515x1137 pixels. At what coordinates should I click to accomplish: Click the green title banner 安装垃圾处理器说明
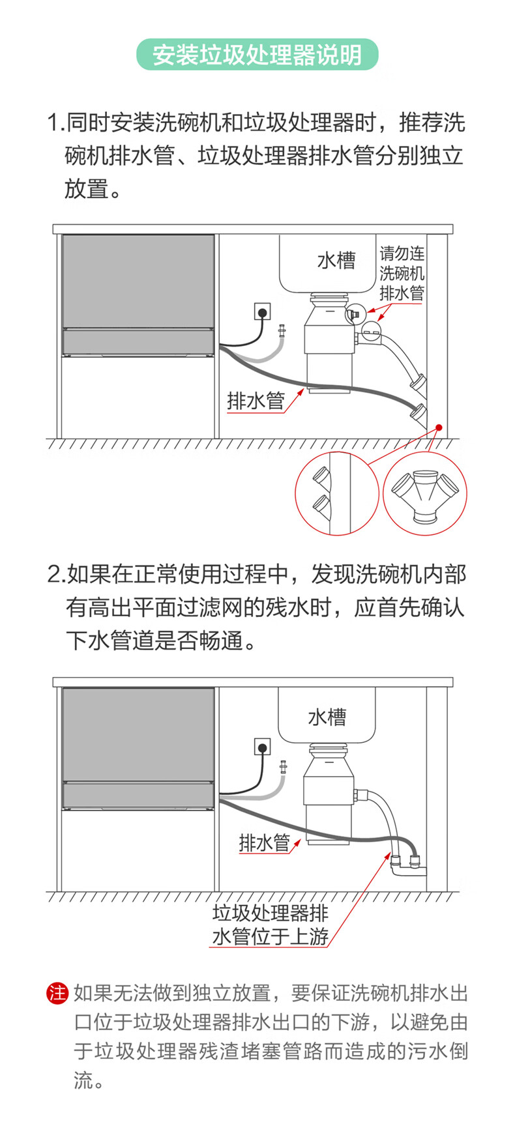pos(257,55)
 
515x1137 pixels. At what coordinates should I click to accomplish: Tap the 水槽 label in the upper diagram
pos(336,261)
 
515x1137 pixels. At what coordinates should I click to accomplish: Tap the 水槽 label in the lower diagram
pos(327,717)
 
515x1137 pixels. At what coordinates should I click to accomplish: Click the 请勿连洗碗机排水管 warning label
pos(402,273)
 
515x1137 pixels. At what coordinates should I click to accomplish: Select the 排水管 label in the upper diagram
pos(256,400)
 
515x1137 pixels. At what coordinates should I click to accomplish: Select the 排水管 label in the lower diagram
pos(264,842)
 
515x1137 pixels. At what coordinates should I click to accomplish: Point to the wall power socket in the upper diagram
pos(262,311)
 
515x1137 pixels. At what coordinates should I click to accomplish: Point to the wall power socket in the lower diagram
pos(262,746)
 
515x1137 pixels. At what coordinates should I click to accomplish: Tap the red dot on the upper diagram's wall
pos(439,427)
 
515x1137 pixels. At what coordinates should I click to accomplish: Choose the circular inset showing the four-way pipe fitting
pos(425,493)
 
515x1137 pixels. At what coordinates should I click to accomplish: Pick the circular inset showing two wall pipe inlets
pos(336,493)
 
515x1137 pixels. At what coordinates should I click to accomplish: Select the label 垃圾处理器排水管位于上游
pos(270,925)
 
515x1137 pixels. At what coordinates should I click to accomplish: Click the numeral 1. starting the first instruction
pos(56,122)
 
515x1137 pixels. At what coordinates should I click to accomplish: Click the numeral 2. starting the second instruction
pos(56,575)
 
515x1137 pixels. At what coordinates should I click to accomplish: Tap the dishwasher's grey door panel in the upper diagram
pos(138,281)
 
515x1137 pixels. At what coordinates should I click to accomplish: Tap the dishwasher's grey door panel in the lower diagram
pos(138,734)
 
